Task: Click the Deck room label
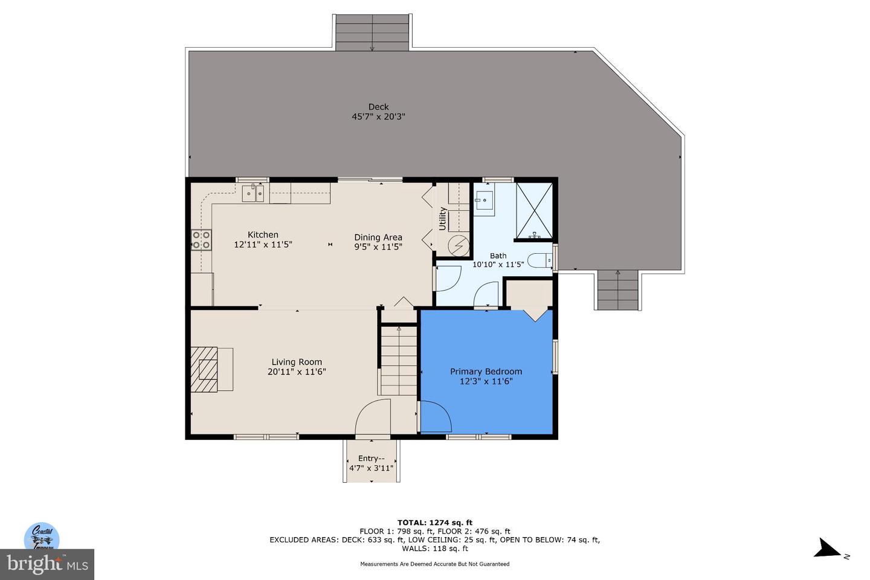click(378, 107)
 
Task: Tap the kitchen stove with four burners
click(201, 240)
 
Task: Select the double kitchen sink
click(254, 193)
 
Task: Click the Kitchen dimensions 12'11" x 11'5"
click(263, 245)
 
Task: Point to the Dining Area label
click(378, 237)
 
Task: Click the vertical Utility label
click(442, 219)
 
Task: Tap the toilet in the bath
click(540, 261)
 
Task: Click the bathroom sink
click(483, 199)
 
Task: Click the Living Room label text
click(297, 362)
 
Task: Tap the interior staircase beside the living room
click(399, 359)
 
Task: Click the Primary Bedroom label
click(486, 372)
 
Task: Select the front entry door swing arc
click(372, 417)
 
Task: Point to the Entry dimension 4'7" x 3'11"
click(371, 468)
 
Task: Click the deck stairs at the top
click(372, 33)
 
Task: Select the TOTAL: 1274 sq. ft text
click(434, 523)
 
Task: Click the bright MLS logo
click(47, 564)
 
